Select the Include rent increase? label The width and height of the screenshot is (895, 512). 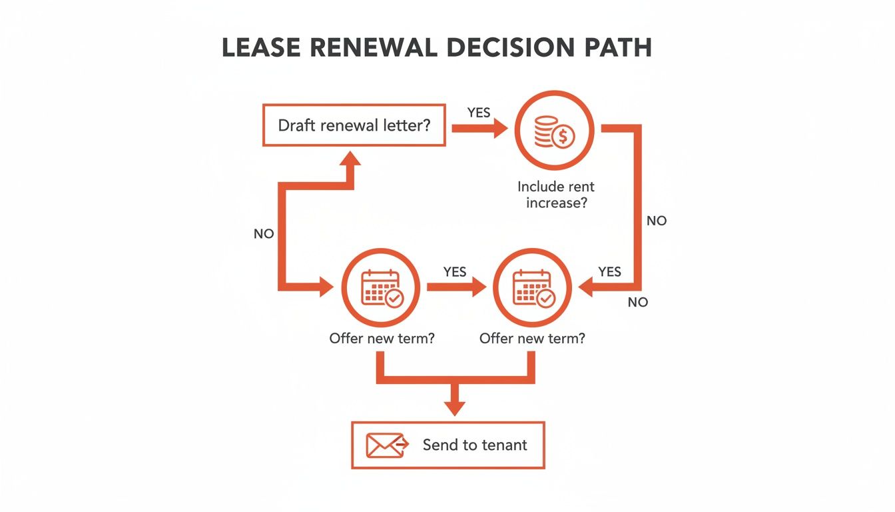pyautogui.click(x=556, y=195)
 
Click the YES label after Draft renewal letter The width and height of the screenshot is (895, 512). pyautogui.click(x=478, y=113)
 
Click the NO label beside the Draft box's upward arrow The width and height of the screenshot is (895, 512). pyautogui.click(x=264, y=235)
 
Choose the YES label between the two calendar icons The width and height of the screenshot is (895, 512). pyautogui.click(x=455, y=272)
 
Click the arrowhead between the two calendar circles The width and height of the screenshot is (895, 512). pyautogui.click(x=477, y=288)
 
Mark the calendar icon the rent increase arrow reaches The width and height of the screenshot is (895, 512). pyautogui.click(x=532, y=288)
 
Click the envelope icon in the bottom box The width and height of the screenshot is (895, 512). pyautogui.click(x=384, y=445)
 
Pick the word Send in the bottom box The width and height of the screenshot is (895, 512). pyautogui.click(x=440, y=445)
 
